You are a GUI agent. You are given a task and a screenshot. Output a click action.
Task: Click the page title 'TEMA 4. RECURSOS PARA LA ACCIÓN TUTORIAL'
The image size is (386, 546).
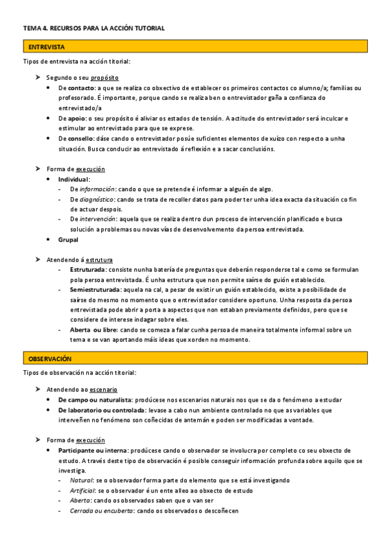tap(94, 28)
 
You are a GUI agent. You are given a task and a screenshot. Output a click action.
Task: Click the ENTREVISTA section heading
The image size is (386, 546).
tap(46, 47)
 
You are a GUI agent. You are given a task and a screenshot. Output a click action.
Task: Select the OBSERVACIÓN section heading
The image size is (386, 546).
tap(50, 358)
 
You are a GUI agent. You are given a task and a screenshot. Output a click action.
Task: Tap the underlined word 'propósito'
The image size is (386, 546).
tap(104, 77)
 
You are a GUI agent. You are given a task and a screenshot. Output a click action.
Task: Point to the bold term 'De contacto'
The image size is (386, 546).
tap(76, 88)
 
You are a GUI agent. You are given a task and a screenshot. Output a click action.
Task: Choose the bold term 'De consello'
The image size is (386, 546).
tap(75, 138)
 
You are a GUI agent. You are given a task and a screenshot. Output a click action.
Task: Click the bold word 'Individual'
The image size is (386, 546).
tap(73, 179)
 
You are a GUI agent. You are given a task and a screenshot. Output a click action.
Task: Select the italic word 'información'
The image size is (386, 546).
tap(97, 189)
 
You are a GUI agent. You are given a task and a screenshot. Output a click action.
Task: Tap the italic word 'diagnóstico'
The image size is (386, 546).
tap(97, 200)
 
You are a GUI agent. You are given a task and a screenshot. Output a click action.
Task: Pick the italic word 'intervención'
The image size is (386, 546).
tap(98, 220)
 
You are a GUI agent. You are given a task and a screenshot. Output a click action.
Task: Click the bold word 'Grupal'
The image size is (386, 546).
tap(68, 240)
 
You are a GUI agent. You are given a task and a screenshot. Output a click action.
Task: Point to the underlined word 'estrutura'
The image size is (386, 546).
tap(99, 259)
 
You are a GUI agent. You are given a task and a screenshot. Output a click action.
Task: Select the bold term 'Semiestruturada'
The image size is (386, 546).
tap(97, 290)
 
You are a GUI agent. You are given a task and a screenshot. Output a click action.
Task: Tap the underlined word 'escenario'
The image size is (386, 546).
tap(103, 390)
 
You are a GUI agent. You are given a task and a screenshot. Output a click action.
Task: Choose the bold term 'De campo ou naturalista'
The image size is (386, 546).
tap(95, 400)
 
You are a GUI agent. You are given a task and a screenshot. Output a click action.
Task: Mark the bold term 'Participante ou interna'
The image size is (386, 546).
tap(92, 450)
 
